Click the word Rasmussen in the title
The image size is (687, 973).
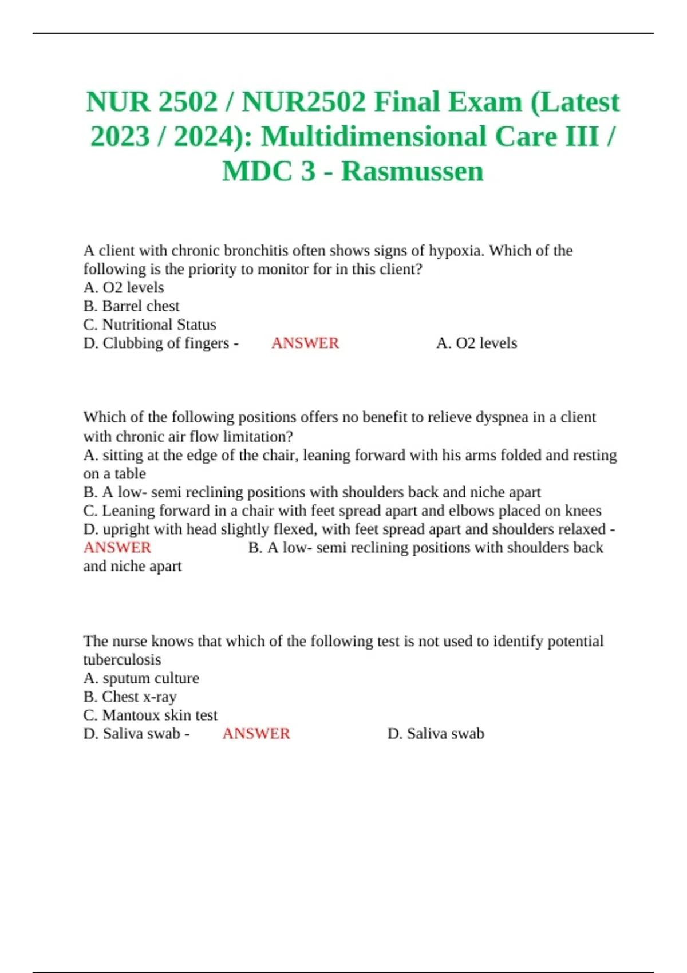(412, 171)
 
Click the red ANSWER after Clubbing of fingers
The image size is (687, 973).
(305, 343)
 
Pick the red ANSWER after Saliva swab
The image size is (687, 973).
(256, 733)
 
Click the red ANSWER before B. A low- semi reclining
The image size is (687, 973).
(117, 547)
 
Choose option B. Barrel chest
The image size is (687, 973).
(131, 306)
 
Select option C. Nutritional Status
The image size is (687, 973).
(149, 325)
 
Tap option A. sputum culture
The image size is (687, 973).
(141, 678)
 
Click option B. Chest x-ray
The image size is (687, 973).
(129, 697)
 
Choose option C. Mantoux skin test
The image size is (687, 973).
(150, 715)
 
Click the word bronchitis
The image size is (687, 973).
(256, 251)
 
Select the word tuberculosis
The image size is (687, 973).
(122, 659)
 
